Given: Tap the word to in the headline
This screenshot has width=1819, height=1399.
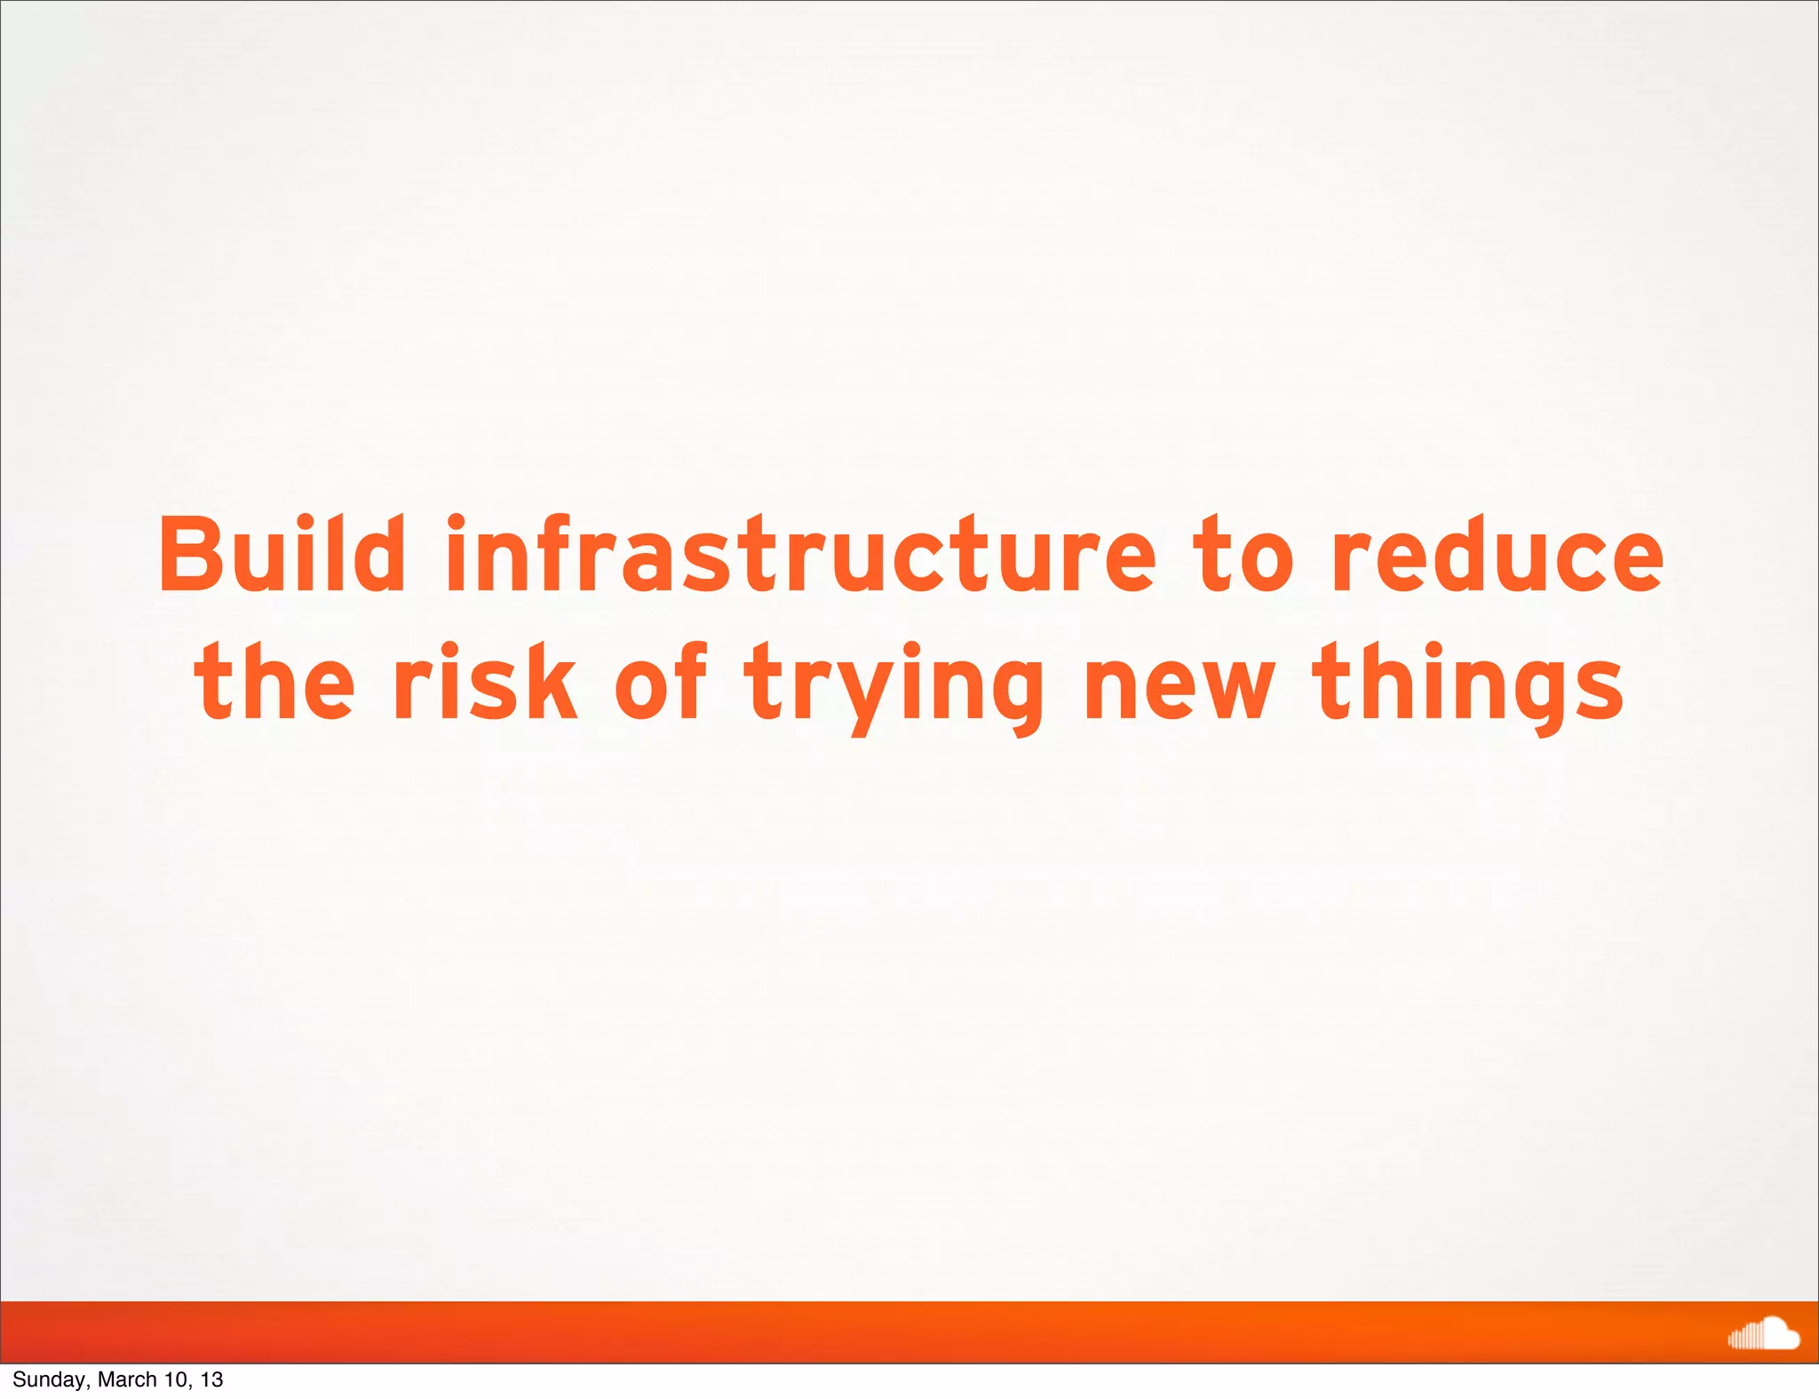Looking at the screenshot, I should [1243, 555].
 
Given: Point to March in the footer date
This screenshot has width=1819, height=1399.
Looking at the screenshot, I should [127, 1379].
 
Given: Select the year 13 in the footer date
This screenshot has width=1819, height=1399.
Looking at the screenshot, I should [211, 1379].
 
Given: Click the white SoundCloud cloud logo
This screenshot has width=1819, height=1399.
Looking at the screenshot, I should [1763, 1334].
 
